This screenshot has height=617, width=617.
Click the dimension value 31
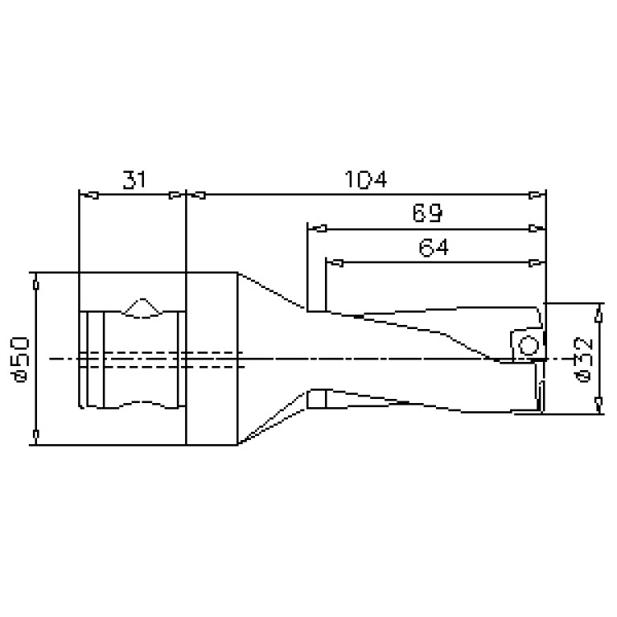[134, 179]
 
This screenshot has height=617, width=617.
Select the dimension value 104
[365, 179]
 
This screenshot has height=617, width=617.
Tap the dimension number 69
[427, 213]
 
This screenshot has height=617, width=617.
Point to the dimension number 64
[434, 248]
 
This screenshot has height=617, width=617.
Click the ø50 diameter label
[20, 360]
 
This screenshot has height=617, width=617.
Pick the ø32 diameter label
[583, 360]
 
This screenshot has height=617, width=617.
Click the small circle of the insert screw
[528, 346]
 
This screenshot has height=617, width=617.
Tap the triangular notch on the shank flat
[142, 307]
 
